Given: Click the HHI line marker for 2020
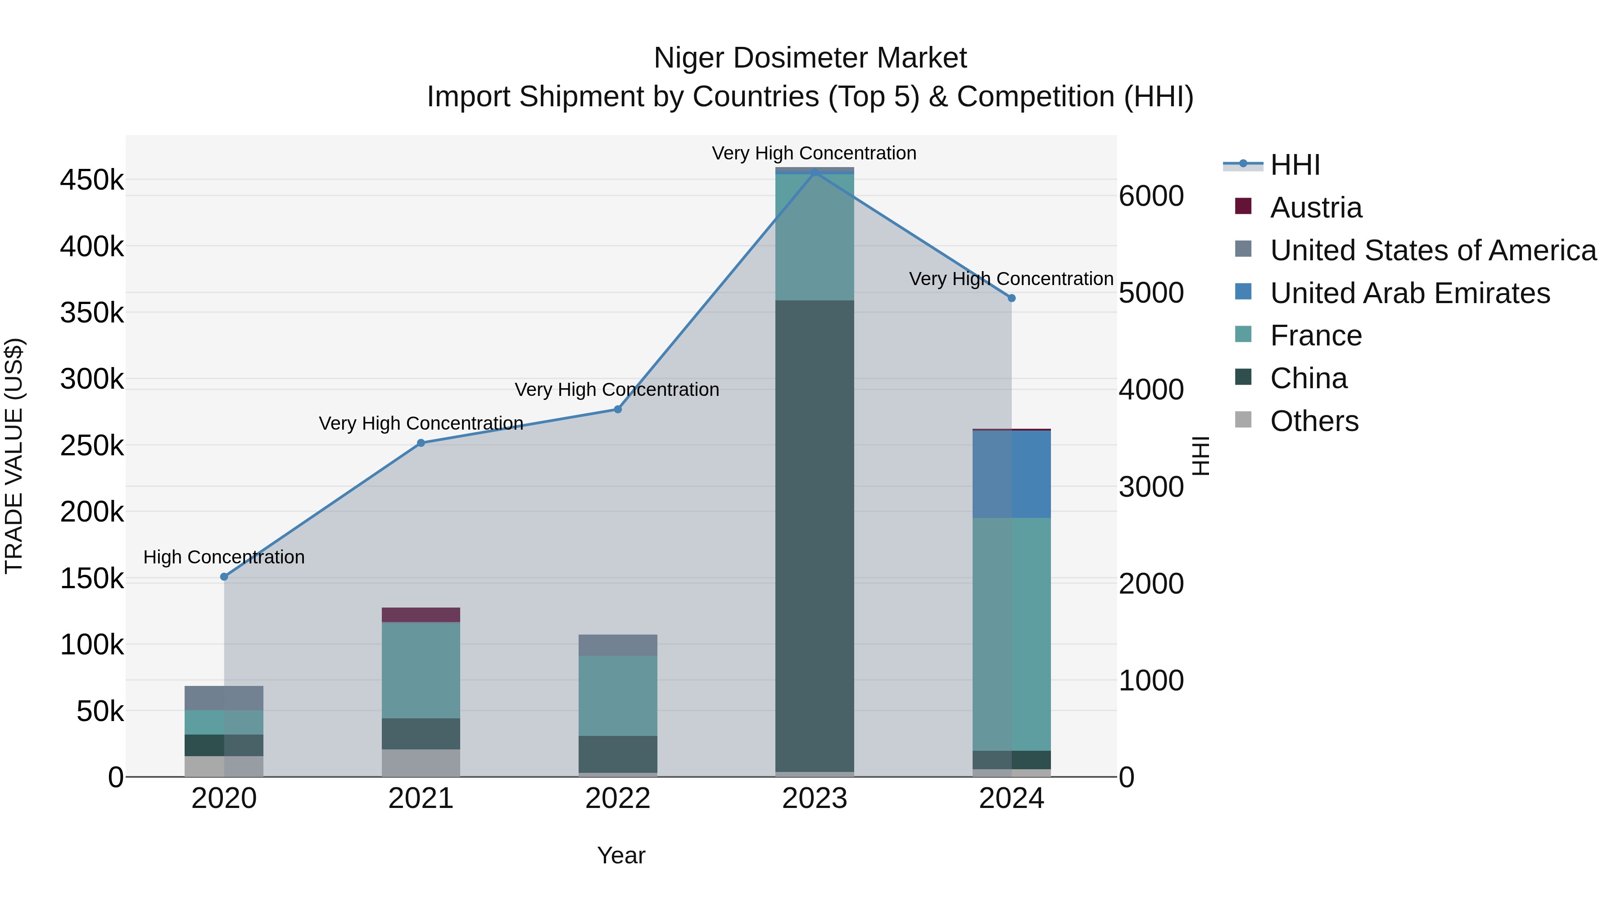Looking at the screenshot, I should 224,576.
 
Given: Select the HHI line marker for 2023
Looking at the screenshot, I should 815,172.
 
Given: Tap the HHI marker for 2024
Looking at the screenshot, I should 1012,298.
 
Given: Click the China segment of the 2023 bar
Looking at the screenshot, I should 815,535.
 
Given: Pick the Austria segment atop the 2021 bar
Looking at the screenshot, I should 421,615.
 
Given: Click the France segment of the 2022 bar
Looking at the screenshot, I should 618,695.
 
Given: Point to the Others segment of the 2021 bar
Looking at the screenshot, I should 421,763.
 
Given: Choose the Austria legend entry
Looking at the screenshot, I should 1316,208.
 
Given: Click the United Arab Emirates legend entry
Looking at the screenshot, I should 1409,293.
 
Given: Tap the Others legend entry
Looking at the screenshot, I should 1314,421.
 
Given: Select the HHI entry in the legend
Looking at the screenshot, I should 1295,165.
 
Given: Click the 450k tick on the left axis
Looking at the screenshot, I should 92,181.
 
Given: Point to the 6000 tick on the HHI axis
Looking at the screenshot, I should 1151,196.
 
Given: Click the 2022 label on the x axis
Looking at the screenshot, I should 618,799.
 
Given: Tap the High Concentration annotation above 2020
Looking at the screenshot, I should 224,557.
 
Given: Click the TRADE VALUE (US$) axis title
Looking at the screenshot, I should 14,456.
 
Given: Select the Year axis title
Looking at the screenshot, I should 621,855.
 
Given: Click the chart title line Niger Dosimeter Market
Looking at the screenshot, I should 810,58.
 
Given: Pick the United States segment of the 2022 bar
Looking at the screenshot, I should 618,645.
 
